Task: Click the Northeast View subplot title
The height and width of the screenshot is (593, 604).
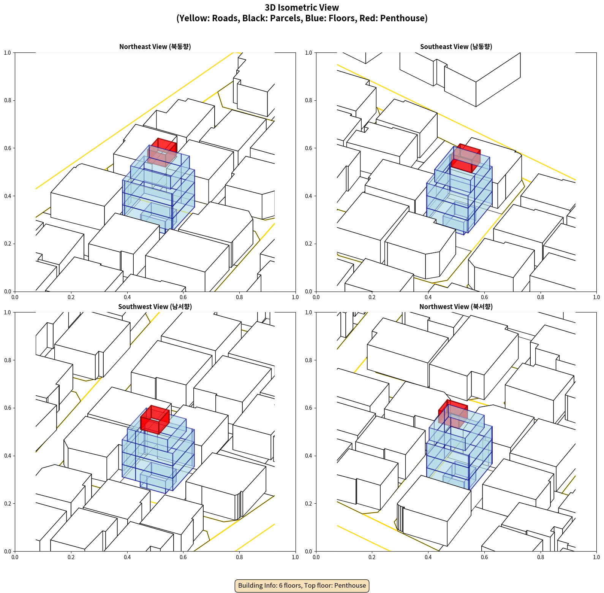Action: tap(155, 47)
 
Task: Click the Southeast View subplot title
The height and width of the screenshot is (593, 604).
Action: tap(456, 47)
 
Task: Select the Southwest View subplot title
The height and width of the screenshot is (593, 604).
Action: tap(155, 307)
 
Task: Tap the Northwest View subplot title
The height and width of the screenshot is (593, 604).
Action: tap(456, 307)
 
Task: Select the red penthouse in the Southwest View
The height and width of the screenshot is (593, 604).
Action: tap(155, 420)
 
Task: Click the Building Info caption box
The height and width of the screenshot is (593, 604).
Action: tap(302, 585)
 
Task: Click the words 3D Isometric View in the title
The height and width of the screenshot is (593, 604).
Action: tap(302, 8)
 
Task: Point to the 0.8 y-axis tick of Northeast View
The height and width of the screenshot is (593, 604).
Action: tap(8, 100)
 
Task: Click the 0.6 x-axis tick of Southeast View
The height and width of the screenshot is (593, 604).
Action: tap(484, 297)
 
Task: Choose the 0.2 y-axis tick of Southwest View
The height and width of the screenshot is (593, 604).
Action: tap(8, 504)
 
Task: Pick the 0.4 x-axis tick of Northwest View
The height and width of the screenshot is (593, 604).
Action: tap(428, 557)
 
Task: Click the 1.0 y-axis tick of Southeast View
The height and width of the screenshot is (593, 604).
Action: tap(309, 53)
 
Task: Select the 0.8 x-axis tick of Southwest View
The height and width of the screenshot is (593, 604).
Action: tap(239, 557)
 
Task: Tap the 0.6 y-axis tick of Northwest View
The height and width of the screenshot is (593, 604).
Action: tap(309, 408)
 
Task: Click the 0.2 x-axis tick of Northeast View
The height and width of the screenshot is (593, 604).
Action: tap(71, 297)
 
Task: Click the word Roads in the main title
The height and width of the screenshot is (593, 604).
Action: tap(226, 18)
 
